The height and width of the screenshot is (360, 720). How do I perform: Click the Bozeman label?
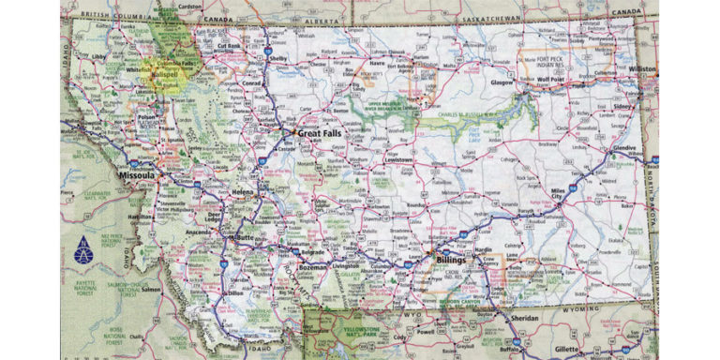click(313, 268)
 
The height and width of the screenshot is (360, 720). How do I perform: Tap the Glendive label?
click(623, 148)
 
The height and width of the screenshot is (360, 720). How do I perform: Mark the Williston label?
click(643, 69)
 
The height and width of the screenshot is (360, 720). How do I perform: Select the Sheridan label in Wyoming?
click(526, 318)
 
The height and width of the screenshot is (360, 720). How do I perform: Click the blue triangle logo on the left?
click(83, 249)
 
